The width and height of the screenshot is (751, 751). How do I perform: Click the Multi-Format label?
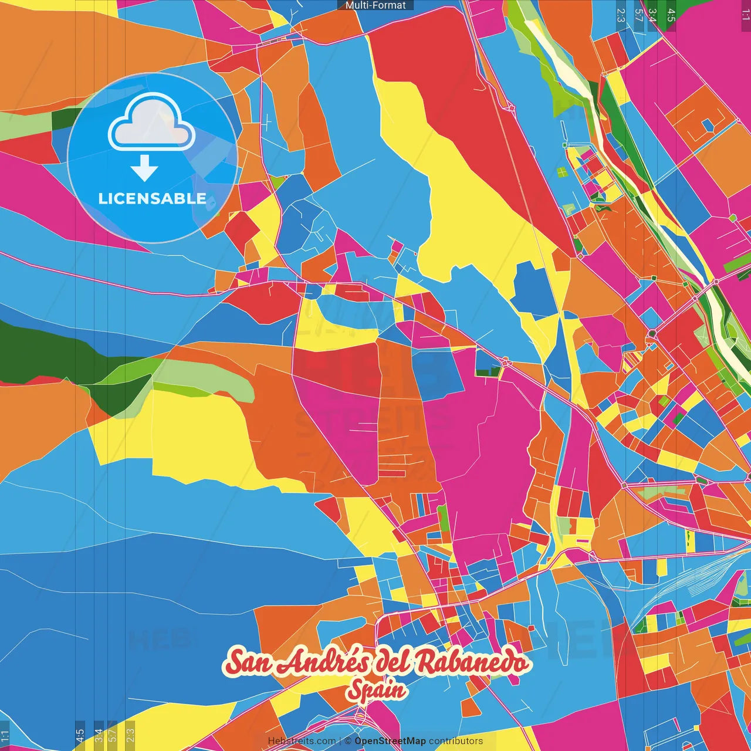pyautogui.click(x=375, y=5)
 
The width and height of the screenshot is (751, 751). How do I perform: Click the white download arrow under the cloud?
pyautogui.click(x=144, y=168)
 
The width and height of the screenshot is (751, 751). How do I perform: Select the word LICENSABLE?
pyautogui.click(x=152, y=198)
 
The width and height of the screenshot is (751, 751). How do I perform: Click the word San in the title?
pyautogui.click(x=247, y=662)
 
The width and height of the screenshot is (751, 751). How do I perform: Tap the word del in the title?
pyautogui.click(x=394, y=661)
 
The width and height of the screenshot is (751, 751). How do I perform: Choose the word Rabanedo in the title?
pyautogui.click(x=472, y=662)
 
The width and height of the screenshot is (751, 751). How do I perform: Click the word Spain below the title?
pyautogui.click(x=376, y=690)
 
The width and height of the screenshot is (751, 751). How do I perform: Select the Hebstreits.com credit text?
pyautogui.click(x=302, y=741)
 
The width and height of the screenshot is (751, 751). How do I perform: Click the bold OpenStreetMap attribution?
pyautogui.click(x=390, y=741)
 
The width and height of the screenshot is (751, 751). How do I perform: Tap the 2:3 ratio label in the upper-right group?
pyautogui.click(x=621, y=15)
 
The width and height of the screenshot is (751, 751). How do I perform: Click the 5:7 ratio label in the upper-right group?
pyautogui.click(x=639, y=15)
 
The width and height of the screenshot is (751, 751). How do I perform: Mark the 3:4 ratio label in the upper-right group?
pyautogui.click(x=652, y=15)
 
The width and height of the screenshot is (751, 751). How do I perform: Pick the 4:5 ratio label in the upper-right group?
pyautogui.click(x=671, y=15)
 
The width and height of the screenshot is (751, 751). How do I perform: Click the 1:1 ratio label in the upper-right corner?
pyautogui.click(x=745, y=15)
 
